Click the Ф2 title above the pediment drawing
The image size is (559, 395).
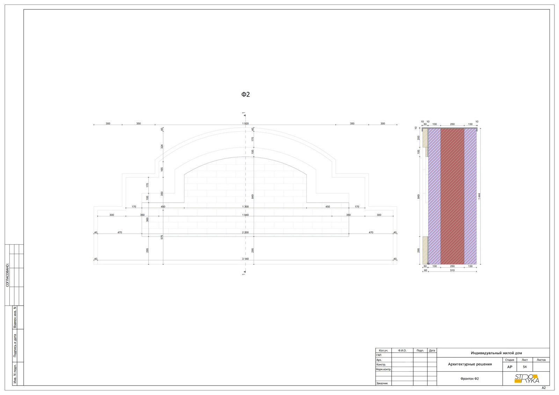coord(246,94)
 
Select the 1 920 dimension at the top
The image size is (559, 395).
coord(245,124)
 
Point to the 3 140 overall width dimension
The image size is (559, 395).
coord(245,259)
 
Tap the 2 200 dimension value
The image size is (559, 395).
coord(245,232)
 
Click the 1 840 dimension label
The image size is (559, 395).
coord(245,215)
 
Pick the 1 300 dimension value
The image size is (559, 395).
coord(245,207)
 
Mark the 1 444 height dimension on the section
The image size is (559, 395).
coord(479,196)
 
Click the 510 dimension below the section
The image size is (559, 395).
coord(452,270)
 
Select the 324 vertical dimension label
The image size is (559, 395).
coord(162,147)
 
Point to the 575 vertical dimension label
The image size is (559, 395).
coord(162,237)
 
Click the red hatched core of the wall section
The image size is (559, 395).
coord(452,196)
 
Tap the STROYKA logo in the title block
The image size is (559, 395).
coord(527,379)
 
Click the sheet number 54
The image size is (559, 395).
coord(524,367)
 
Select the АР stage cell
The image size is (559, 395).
coord(510,367)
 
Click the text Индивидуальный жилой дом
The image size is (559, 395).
coord(496,353)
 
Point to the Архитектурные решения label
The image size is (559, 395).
coord(470,364)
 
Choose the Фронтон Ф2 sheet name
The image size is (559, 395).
coord(470,379)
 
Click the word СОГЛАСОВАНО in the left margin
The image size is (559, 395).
coord(7,275)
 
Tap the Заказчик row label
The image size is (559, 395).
coord(382,383)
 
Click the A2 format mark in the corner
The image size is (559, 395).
coord(544,388)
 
